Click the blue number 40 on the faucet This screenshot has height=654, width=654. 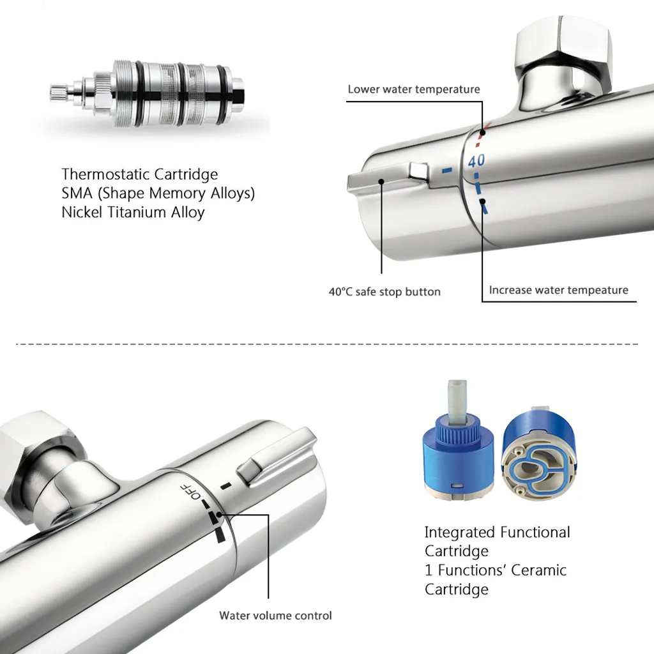[x=476, y=160]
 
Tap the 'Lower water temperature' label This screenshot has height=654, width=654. [x=414, y=89]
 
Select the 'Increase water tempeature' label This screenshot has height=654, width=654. [x=558, y=290]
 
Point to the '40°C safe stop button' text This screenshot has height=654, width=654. [x=384, y=291]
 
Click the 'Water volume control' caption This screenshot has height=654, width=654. [x=276, y=616]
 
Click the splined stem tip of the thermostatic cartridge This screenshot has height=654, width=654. [x=57, y=93]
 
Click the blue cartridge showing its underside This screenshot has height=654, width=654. [x=539, y=457]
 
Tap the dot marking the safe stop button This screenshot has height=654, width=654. [x=381, y=181]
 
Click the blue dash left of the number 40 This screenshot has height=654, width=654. [x=446, y=170]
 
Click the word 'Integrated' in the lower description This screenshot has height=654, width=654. [x=460, y=533]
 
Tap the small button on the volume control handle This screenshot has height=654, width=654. [x=250, y=471]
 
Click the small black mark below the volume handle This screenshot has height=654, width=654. [x=226, y=485]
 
